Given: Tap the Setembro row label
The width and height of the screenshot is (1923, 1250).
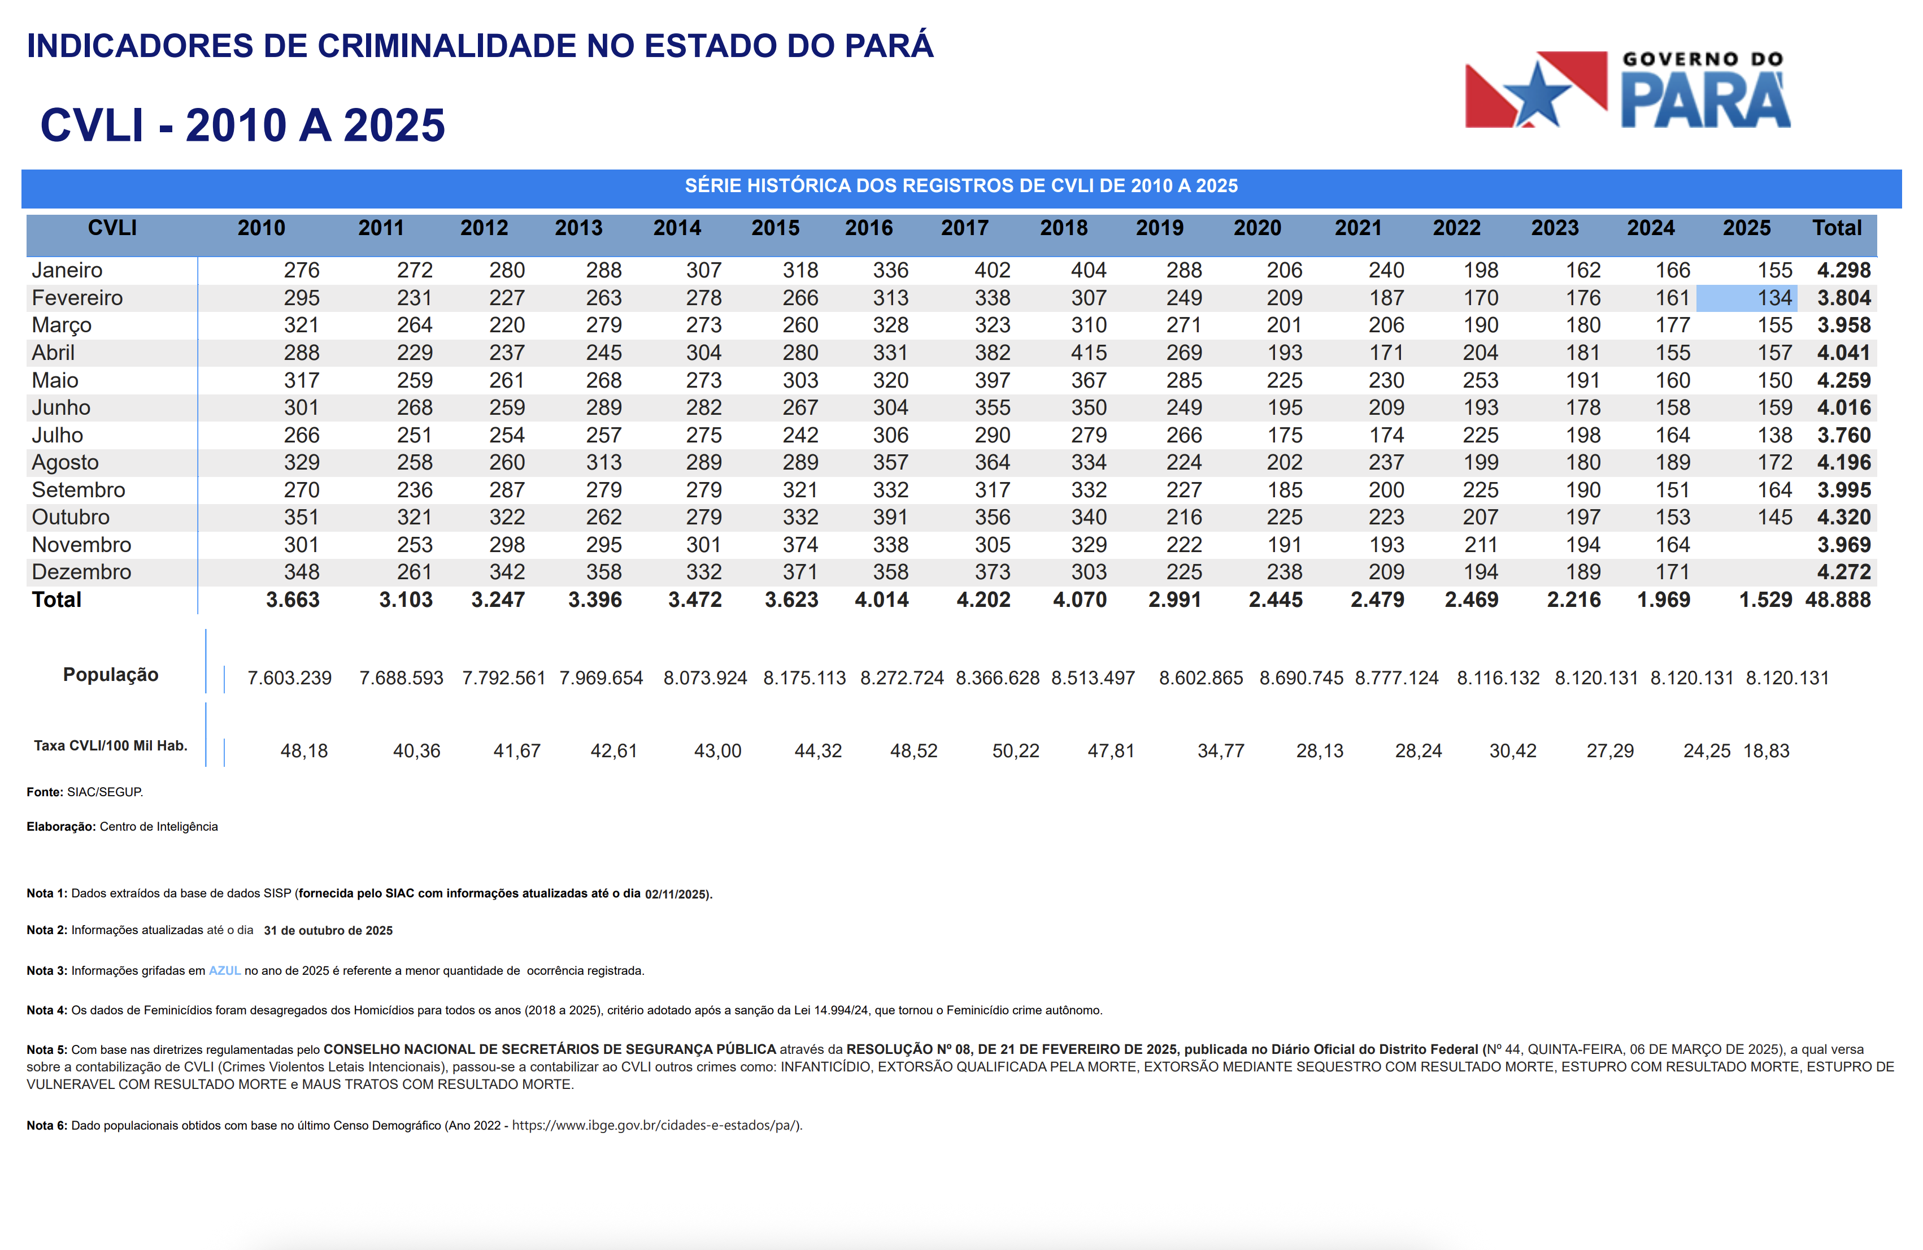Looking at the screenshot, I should [x=79, y=491].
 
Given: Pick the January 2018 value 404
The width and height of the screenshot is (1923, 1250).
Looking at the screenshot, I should [x=1089, y=271].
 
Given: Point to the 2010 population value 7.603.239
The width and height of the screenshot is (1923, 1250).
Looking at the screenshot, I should [x=289, y=678].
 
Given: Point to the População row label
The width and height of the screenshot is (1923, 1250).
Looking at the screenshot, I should [x=111, y=675].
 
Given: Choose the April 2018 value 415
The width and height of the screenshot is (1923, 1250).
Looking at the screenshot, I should [x=1089, y=353].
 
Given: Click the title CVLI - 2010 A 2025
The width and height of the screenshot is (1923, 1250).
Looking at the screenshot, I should [x=242, y=125].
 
